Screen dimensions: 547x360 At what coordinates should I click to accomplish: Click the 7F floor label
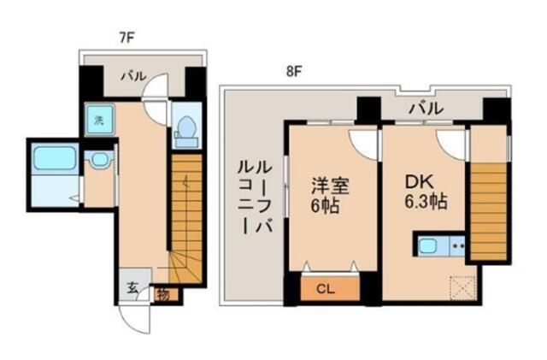pyautogui.click(x=127, y=38)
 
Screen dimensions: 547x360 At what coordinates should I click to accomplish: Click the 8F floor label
pyautogui.click(x=293, y=72)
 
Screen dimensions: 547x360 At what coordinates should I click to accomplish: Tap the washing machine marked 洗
pyautogui.click(x=99, y=120)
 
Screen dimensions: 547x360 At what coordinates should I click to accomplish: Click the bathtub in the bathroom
pyautogui.click(x=55, y=158)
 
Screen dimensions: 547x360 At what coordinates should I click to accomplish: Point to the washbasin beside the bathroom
pyautogui.click(x=99, y=159)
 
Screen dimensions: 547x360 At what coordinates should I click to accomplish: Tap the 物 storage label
pyautogui.click(x=163, y=295)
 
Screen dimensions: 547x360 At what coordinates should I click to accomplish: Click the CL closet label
pyautogui.click(x=325, y=289)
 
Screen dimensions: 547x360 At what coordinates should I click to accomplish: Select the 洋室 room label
pyautogui.click(x=330, y=186)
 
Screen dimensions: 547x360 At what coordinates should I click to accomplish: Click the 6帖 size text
pyautogui.click(x=325, y=206)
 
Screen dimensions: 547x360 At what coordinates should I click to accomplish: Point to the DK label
pyautogui.click(x=419, y=181)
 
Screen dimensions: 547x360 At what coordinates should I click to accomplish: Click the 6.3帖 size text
pyautogui.click(x=426, y=201)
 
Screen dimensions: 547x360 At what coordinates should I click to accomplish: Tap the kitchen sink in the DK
pyautogui.click(x=428, y=246)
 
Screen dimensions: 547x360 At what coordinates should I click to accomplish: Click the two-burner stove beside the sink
pyautogui.click(x=458, y=245)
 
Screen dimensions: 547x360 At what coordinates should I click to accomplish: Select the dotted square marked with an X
pyautogui.click(x=463, y=287)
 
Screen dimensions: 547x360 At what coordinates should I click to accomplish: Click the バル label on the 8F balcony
pyautogui.click(x=426, y=109)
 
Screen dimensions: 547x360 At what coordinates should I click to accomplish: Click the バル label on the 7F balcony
pyautogui.click(x=133, y=76)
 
